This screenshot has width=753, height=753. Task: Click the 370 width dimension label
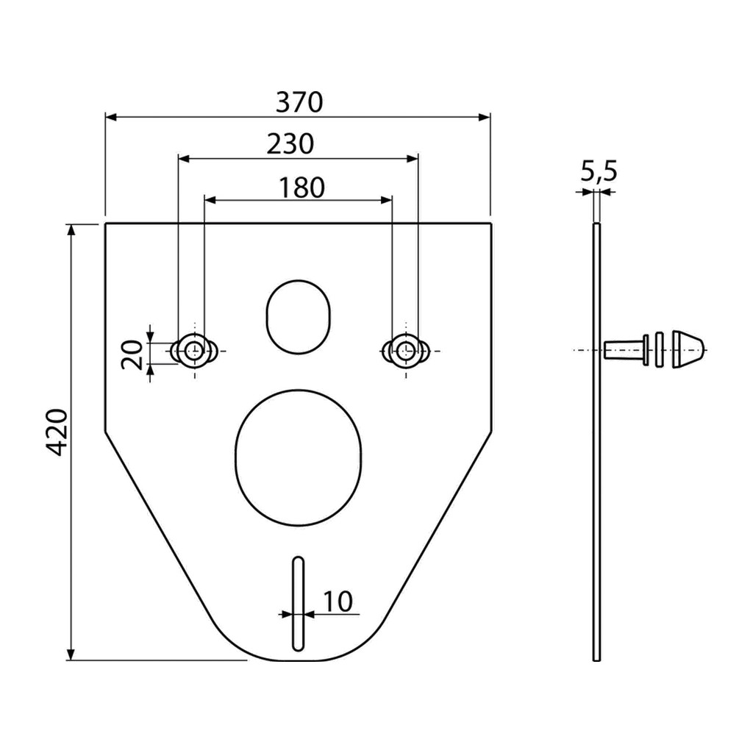click(x=299, y=102)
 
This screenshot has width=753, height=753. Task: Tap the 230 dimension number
click(x=290, y=143)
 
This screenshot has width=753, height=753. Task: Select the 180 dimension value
click(x=301, y=188)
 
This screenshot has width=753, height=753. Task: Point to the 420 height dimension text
click(x=58, y=432)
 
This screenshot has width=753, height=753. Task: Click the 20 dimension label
click(x=132, y=354)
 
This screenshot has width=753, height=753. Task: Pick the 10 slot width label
click(x=338, y=602)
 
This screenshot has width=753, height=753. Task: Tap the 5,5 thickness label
click(x=599, y=171)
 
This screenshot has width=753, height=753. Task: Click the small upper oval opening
click(x=299, y=318)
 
